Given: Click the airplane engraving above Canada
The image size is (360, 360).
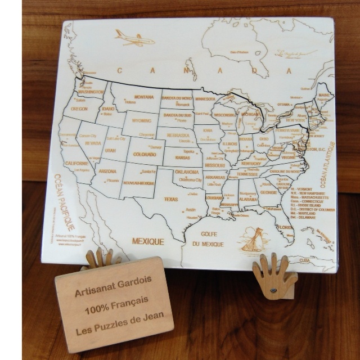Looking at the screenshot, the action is (135, 38).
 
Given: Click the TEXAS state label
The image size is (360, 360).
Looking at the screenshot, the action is (170, 199).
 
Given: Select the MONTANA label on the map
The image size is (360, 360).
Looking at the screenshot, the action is (144, 96).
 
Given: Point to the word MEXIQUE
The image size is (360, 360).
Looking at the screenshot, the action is (148, 241).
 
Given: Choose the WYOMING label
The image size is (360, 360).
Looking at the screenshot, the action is (141, 120).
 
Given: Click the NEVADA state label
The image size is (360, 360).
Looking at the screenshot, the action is (92, 143).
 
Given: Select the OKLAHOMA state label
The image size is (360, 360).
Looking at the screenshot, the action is (187, 172).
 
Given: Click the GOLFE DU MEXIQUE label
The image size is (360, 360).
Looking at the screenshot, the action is (208, 239).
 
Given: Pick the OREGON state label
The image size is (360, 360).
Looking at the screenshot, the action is (79, 109).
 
